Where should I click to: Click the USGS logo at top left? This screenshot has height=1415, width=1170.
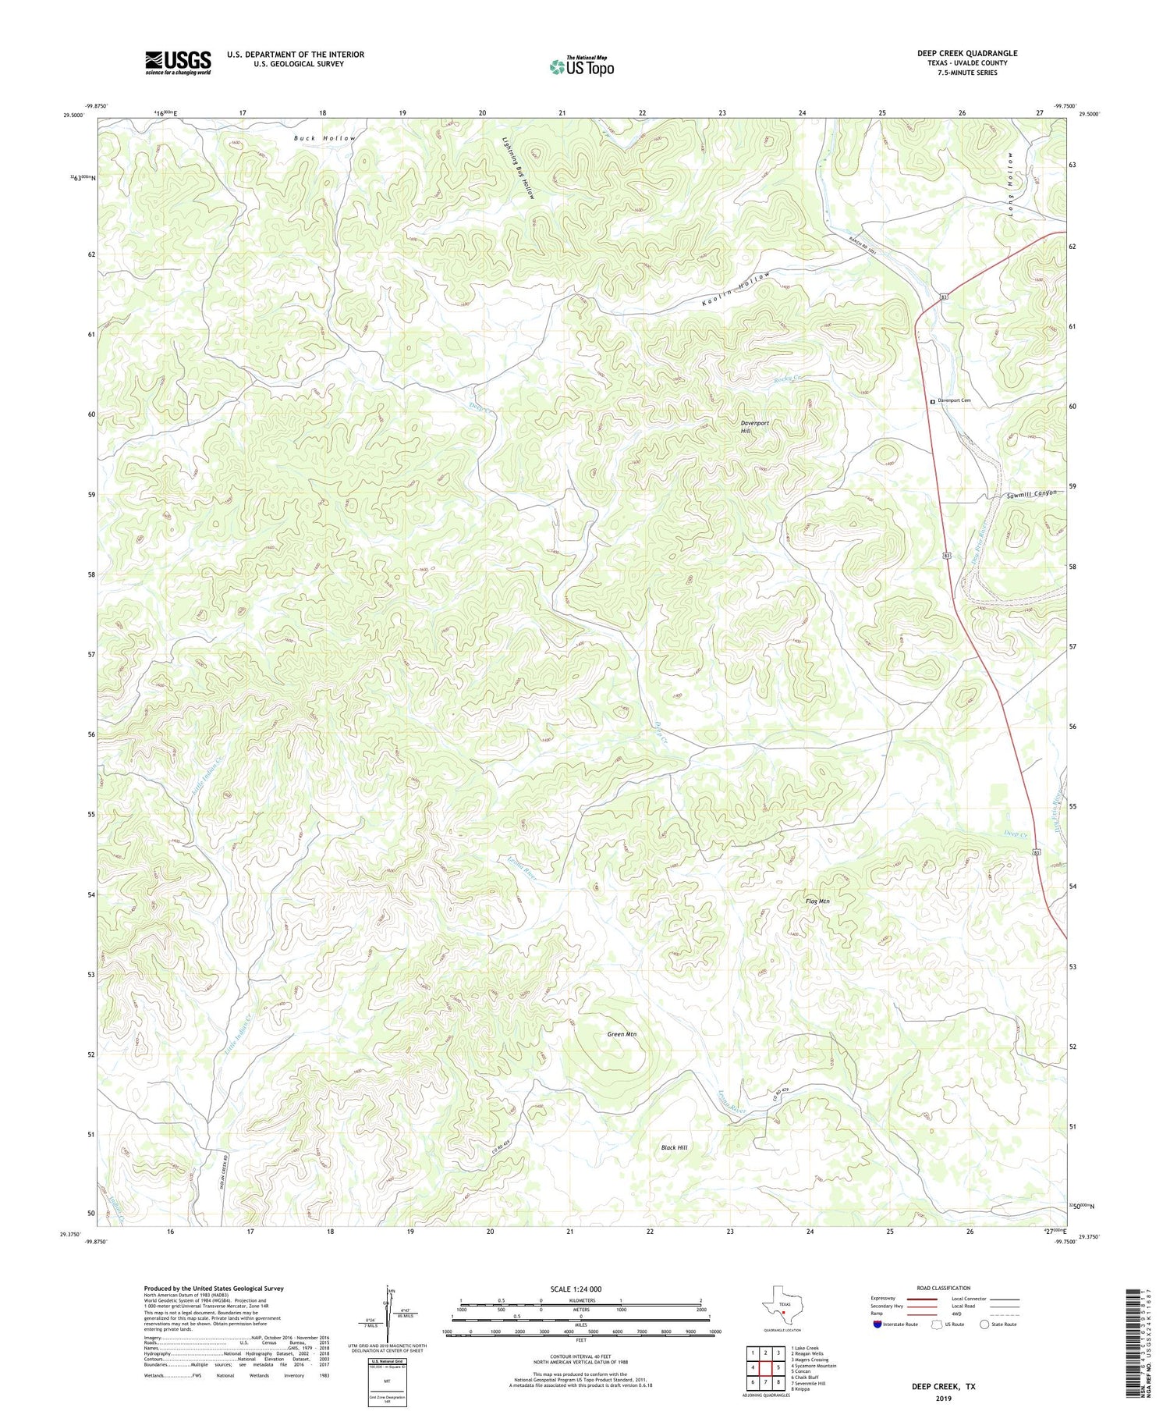pyautogui.click(x=178, y=62)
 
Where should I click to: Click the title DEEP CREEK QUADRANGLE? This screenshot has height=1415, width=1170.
pyautogui.click(x=966, y=53)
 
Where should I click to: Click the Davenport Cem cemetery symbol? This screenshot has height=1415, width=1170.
pyautogui.click(x=932, y=401)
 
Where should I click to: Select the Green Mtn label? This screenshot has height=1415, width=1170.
pyautogui.click(x=622, y=1034)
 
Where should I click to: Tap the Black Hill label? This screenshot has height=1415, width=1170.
pyautogui.click(x=674, y=1147)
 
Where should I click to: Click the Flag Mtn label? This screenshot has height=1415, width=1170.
pyautogui.click(x=817, y=901)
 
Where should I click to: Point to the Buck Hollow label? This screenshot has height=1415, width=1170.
pyautogui.click(x=324, y=138)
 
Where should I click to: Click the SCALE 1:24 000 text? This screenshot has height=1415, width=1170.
pyautogui.click(x=576, y=1289)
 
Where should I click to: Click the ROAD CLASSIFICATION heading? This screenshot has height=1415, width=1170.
pyautogui.click(x=943, y=1288)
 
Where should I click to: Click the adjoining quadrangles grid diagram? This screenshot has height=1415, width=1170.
pyautogui.click(x=765, y=1367)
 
